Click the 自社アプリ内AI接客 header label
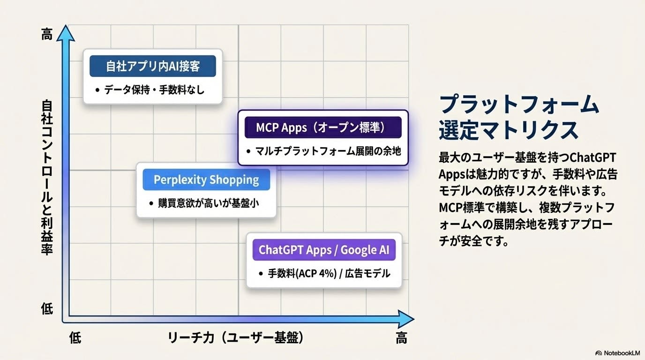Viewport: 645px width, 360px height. [153, 66]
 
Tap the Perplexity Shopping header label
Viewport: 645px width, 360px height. [206, 180]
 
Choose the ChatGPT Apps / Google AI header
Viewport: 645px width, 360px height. [324, 250]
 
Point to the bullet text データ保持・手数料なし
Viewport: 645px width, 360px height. [154, 90]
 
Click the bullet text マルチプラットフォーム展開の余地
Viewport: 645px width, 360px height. [328, 151]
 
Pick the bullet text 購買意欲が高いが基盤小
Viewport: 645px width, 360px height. [209, 203]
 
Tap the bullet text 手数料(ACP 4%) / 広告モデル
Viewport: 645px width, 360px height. [329, 273]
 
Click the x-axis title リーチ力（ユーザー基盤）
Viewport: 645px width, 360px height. [235, 337]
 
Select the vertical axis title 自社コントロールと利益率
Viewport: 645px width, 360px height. [47, 177]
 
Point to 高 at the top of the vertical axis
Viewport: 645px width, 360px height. [47, 34]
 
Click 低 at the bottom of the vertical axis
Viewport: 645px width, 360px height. [47, 309]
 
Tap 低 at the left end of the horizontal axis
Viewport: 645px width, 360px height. [75, 337]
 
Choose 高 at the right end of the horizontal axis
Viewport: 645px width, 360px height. [401, 337]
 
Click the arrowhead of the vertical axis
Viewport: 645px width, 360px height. [66, 32]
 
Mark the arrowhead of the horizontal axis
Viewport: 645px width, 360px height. [406, 319]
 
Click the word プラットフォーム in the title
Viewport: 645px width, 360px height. [519, 104]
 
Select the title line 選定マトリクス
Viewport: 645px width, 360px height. [509, 130]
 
